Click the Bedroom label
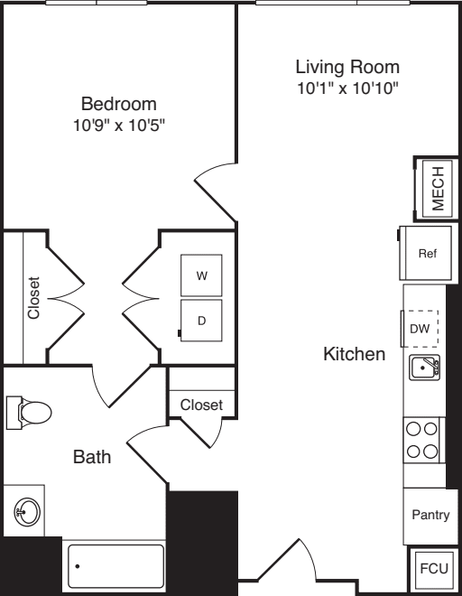point(119,104)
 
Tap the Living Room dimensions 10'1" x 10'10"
point(347,88)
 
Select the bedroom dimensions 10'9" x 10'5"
point(119,125)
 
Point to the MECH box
point(438,189)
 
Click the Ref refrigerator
point(426,253)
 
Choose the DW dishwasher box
point(420,329)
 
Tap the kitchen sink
point(424,368)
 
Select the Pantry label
point(430,515)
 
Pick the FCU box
point(434,568)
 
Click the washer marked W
point(201,275)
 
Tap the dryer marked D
point(201,321)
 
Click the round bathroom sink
point(27,511)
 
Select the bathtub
point(115,566)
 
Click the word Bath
point(92,457)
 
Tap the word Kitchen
point(354,354)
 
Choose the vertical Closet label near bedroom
point(33,298)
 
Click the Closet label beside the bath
point(201,405)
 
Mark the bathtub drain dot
point(78,566)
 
